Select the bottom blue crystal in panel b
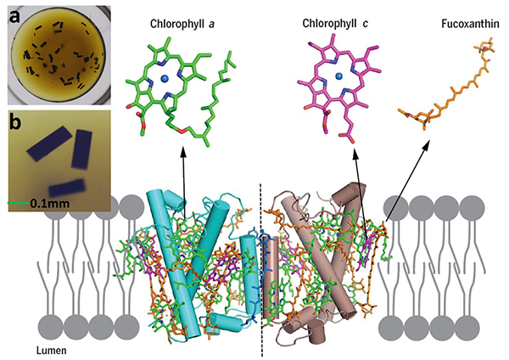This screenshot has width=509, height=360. (x=67, y=188)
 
